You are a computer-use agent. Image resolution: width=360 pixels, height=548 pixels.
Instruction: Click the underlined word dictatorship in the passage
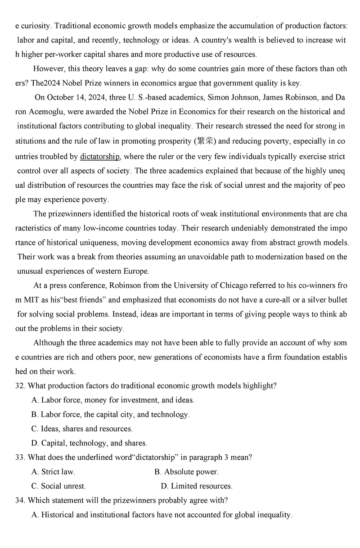[100, 156]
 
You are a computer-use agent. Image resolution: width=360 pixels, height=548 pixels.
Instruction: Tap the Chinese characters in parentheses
[206, 141]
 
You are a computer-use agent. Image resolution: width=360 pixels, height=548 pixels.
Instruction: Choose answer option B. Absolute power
[186, 471]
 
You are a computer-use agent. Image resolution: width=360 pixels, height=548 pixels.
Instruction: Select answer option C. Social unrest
[58, 486]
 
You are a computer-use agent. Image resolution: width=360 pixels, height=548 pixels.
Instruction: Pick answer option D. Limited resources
[196, 486]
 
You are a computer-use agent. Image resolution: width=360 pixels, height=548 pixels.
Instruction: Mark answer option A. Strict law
[54, 471]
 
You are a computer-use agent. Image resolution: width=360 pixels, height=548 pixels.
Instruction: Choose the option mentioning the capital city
[110, 414]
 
